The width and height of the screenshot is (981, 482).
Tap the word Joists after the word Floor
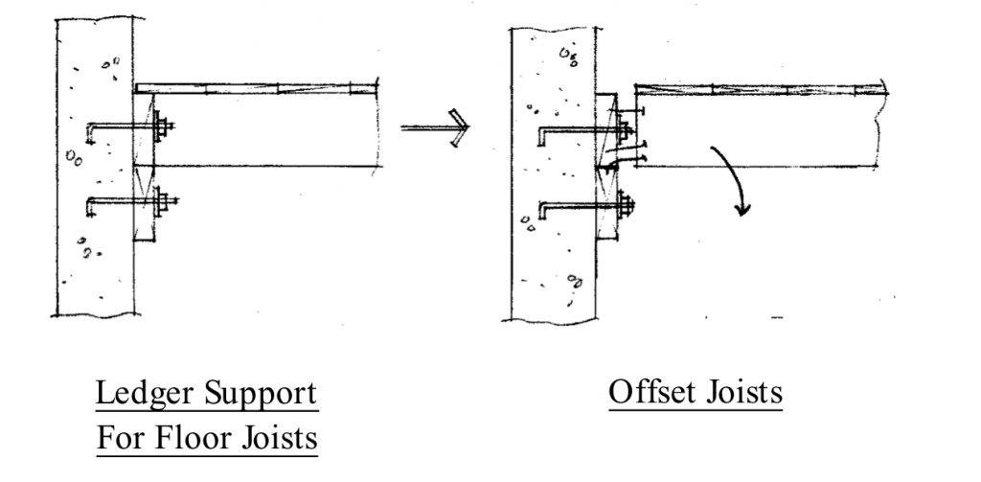(278, 438)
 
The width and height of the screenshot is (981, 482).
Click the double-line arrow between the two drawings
(435, 127)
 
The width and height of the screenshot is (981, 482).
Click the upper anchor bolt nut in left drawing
(165, 127)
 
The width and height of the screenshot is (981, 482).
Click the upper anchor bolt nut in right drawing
(624, 131)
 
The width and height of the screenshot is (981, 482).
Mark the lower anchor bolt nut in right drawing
(625, 205)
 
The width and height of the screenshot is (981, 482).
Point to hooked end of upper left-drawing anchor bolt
(89, 134)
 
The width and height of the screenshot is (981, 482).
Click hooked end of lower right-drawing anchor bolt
(542, 212)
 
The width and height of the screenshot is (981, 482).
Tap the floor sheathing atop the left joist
(257, 89)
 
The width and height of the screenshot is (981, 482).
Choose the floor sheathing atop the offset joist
(761, 89)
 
